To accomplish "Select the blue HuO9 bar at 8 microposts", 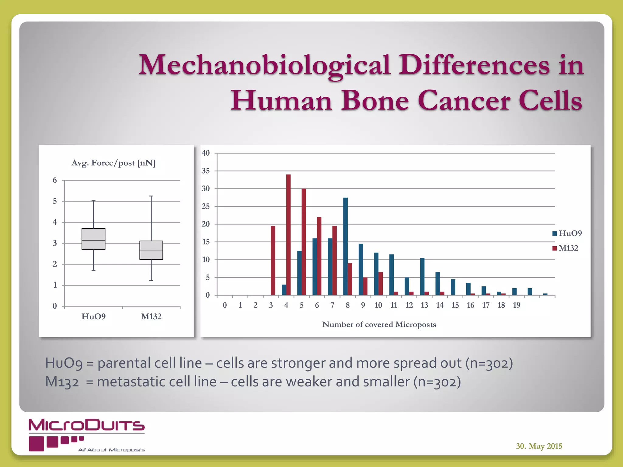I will pyautogui.click(x=345, y=246).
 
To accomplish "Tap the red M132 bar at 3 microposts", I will pyautogui.click(x=273, y=260).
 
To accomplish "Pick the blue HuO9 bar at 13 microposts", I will pyautogui.click(x=422, y=276).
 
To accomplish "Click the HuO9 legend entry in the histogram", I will pyautogui.click(x=567, y=233).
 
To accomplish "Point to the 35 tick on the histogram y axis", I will pyautogui.click(x=206, y=171).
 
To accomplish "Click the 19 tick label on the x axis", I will pyautogui.click(x=517, y=305).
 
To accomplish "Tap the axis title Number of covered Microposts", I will pyautogui.click(x=379, y=325).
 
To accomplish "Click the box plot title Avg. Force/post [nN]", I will pyautogui.click(x=113, y=163).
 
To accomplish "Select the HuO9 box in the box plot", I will pyautogui.click(x=93, y=239).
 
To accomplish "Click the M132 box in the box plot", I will pyautogui.click(x=151, y=250).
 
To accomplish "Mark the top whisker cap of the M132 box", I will pyautogui.click(x=151, y=196).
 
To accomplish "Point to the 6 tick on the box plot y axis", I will pyautogui.click(x=55, y=180).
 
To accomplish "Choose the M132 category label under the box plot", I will pyautogui.click(x=151, y=317).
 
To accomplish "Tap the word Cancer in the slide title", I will pyautogui.click(x=464, y=101).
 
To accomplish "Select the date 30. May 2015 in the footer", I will pyautogui.click(x=539, y=446).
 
